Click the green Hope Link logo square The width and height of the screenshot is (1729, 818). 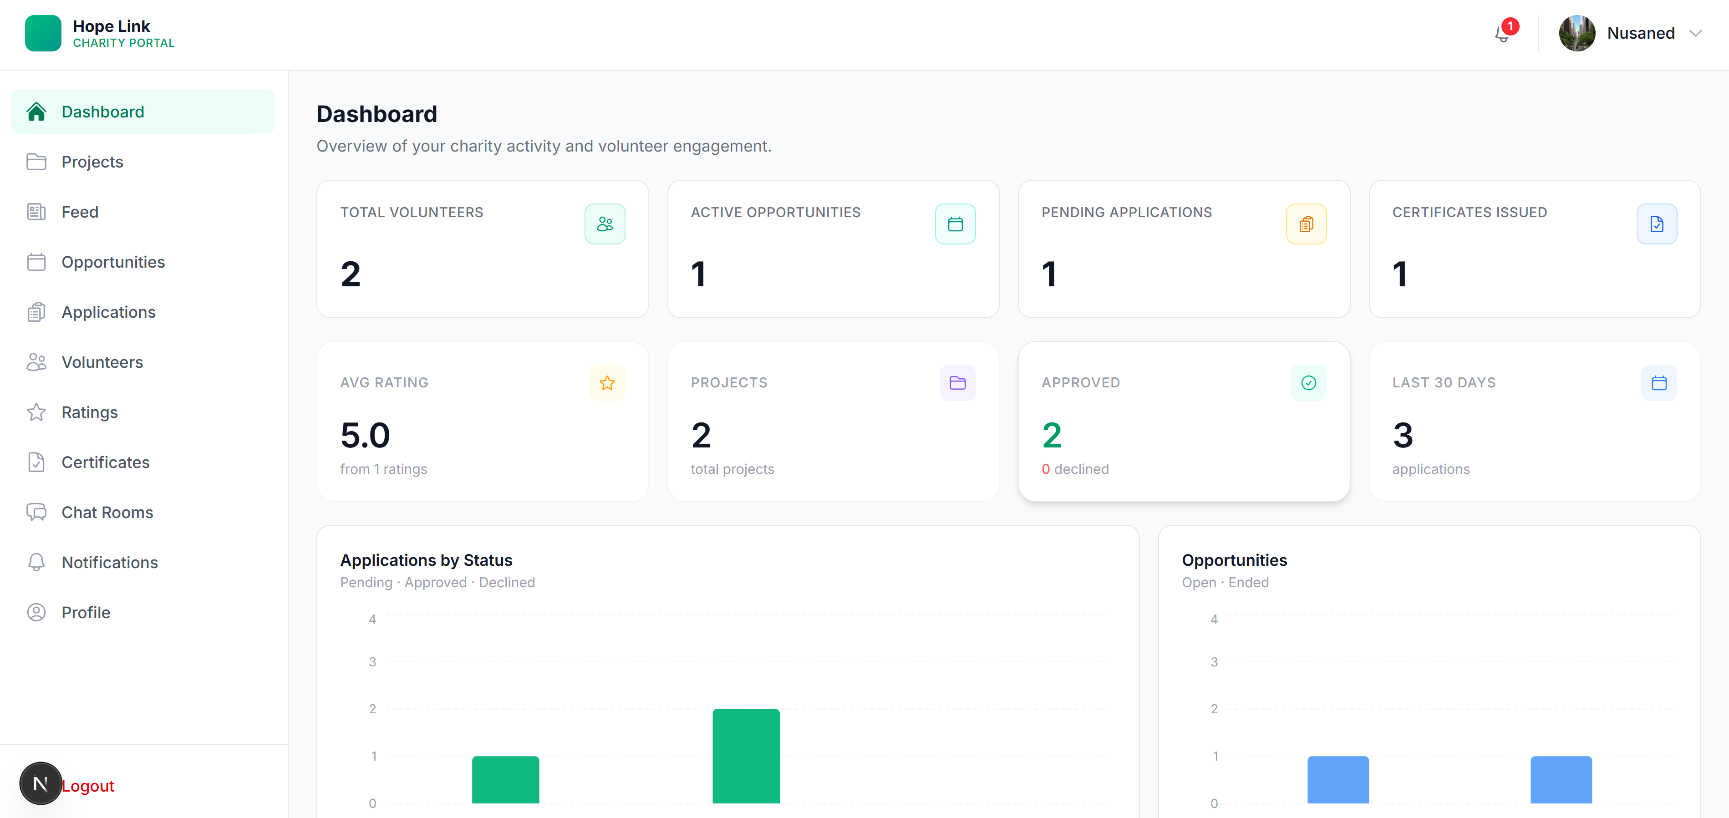coord(43,33)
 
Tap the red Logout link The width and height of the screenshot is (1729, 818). coord(88,786)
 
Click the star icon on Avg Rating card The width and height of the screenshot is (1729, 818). coord(607,382)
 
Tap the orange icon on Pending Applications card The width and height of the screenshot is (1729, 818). coord(1306,224)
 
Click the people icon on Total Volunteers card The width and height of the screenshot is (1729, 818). coord(605,224)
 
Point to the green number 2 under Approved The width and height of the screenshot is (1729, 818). coord(1052,436)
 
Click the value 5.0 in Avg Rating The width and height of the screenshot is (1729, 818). coord(365,436)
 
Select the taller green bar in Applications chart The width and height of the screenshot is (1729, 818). coord(746,756)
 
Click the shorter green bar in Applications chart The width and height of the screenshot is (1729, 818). coord(505,780)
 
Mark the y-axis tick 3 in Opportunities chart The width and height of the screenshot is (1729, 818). coord(1214,662)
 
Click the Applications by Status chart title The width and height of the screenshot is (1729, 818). coord(426,560)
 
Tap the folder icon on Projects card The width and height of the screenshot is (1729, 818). coord(958,382)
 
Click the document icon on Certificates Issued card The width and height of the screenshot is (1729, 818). coord(1657,224)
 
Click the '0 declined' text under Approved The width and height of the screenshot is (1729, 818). coord(1075,469)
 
